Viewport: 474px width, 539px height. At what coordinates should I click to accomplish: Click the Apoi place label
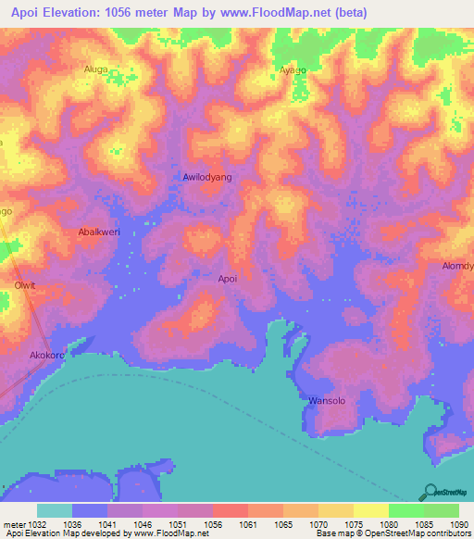(228, 278)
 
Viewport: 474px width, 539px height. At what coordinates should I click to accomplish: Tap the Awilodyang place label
(207, 176)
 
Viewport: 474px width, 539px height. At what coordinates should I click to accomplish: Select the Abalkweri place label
(99, 232)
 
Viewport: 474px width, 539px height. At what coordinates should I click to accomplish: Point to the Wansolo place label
(326, 401)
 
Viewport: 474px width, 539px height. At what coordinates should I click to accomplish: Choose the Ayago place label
(293, 69)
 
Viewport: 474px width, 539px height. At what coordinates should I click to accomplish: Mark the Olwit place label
(24, 285)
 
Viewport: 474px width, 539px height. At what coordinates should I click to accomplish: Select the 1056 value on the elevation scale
(213, 524)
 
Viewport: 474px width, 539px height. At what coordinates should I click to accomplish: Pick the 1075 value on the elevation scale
(353, 524)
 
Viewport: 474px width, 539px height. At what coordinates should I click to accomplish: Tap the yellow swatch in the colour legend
(370, 510)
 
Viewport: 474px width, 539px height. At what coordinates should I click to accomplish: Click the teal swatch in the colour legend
(54, 510)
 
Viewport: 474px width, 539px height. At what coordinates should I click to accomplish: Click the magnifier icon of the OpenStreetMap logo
(432, 492)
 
